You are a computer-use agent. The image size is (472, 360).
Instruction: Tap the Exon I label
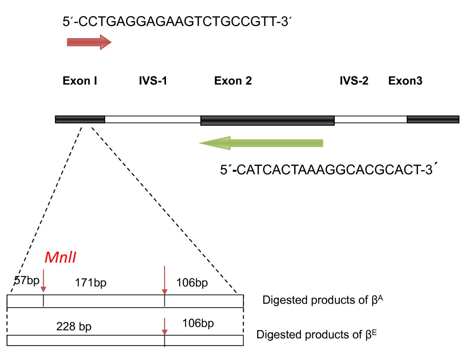pyautogui.click(x=80, y=81)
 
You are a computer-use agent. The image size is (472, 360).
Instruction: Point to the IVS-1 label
pyautogui.click(x=152, y=81)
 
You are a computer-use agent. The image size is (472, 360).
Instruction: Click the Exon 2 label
pyautogui.click(x=233, y=81)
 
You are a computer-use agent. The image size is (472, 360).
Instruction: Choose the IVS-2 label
pyautogui.click(x=354, y=81)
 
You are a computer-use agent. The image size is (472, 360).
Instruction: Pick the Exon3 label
pyautogui.click(x=405, y=81)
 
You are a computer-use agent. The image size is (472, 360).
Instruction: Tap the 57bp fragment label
pyautogui.click(x=25, y=282)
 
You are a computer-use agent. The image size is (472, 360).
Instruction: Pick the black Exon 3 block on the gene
pyautogui.click(x=433, y=119)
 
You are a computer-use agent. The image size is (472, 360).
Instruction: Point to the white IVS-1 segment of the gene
pyautogui.click(x=153, y=119)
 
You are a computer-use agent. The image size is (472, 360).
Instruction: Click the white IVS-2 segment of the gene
pyautogui.click(x=371, y=119)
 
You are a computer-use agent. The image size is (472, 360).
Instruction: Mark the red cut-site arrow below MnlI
pyautogui.click(x=43, y=281)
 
